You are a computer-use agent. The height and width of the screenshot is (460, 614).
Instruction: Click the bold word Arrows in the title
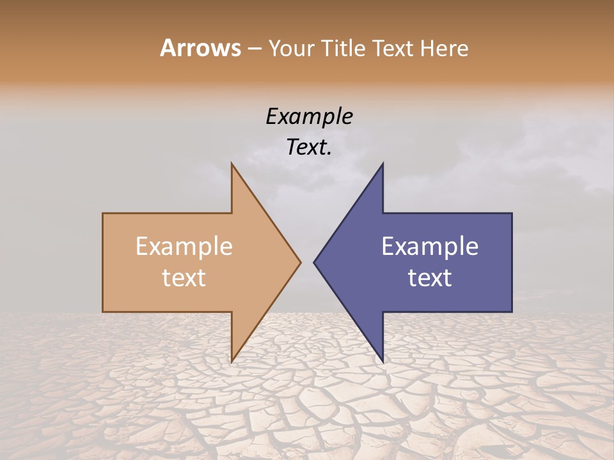coord(200,48)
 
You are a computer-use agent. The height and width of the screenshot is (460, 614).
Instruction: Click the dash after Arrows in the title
coord(254,49)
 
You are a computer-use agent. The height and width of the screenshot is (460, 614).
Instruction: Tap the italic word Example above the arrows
coord(310,117)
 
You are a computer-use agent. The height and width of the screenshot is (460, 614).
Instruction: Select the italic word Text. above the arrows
coord(310,148)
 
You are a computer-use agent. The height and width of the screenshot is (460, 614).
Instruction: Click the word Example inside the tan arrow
coord(184,247)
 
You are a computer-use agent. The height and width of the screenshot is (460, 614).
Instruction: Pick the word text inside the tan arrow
coord(184,278)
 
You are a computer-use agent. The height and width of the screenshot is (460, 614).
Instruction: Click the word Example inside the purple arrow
coord(430,247)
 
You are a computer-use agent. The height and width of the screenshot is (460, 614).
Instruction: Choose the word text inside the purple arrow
coord(430,278)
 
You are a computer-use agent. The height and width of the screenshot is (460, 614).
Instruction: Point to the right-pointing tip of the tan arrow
coord(301,262)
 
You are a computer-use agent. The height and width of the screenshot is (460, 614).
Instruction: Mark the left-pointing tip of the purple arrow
coord(314,262)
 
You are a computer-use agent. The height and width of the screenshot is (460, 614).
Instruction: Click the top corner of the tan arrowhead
coord(232,164)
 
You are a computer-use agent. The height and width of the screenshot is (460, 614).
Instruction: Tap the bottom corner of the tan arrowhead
coord(232,362)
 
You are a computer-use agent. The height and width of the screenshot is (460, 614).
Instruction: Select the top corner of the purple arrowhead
coord(382,164)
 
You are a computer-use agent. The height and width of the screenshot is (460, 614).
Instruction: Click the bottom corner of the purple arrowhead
coord(382,362)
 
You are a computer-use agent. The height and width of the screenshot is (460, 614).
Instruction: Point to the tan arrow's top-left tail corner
coord(103,213)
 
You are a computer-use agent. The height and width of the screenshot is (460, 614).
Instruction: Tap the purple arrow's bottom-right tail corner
coord(512,312)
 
